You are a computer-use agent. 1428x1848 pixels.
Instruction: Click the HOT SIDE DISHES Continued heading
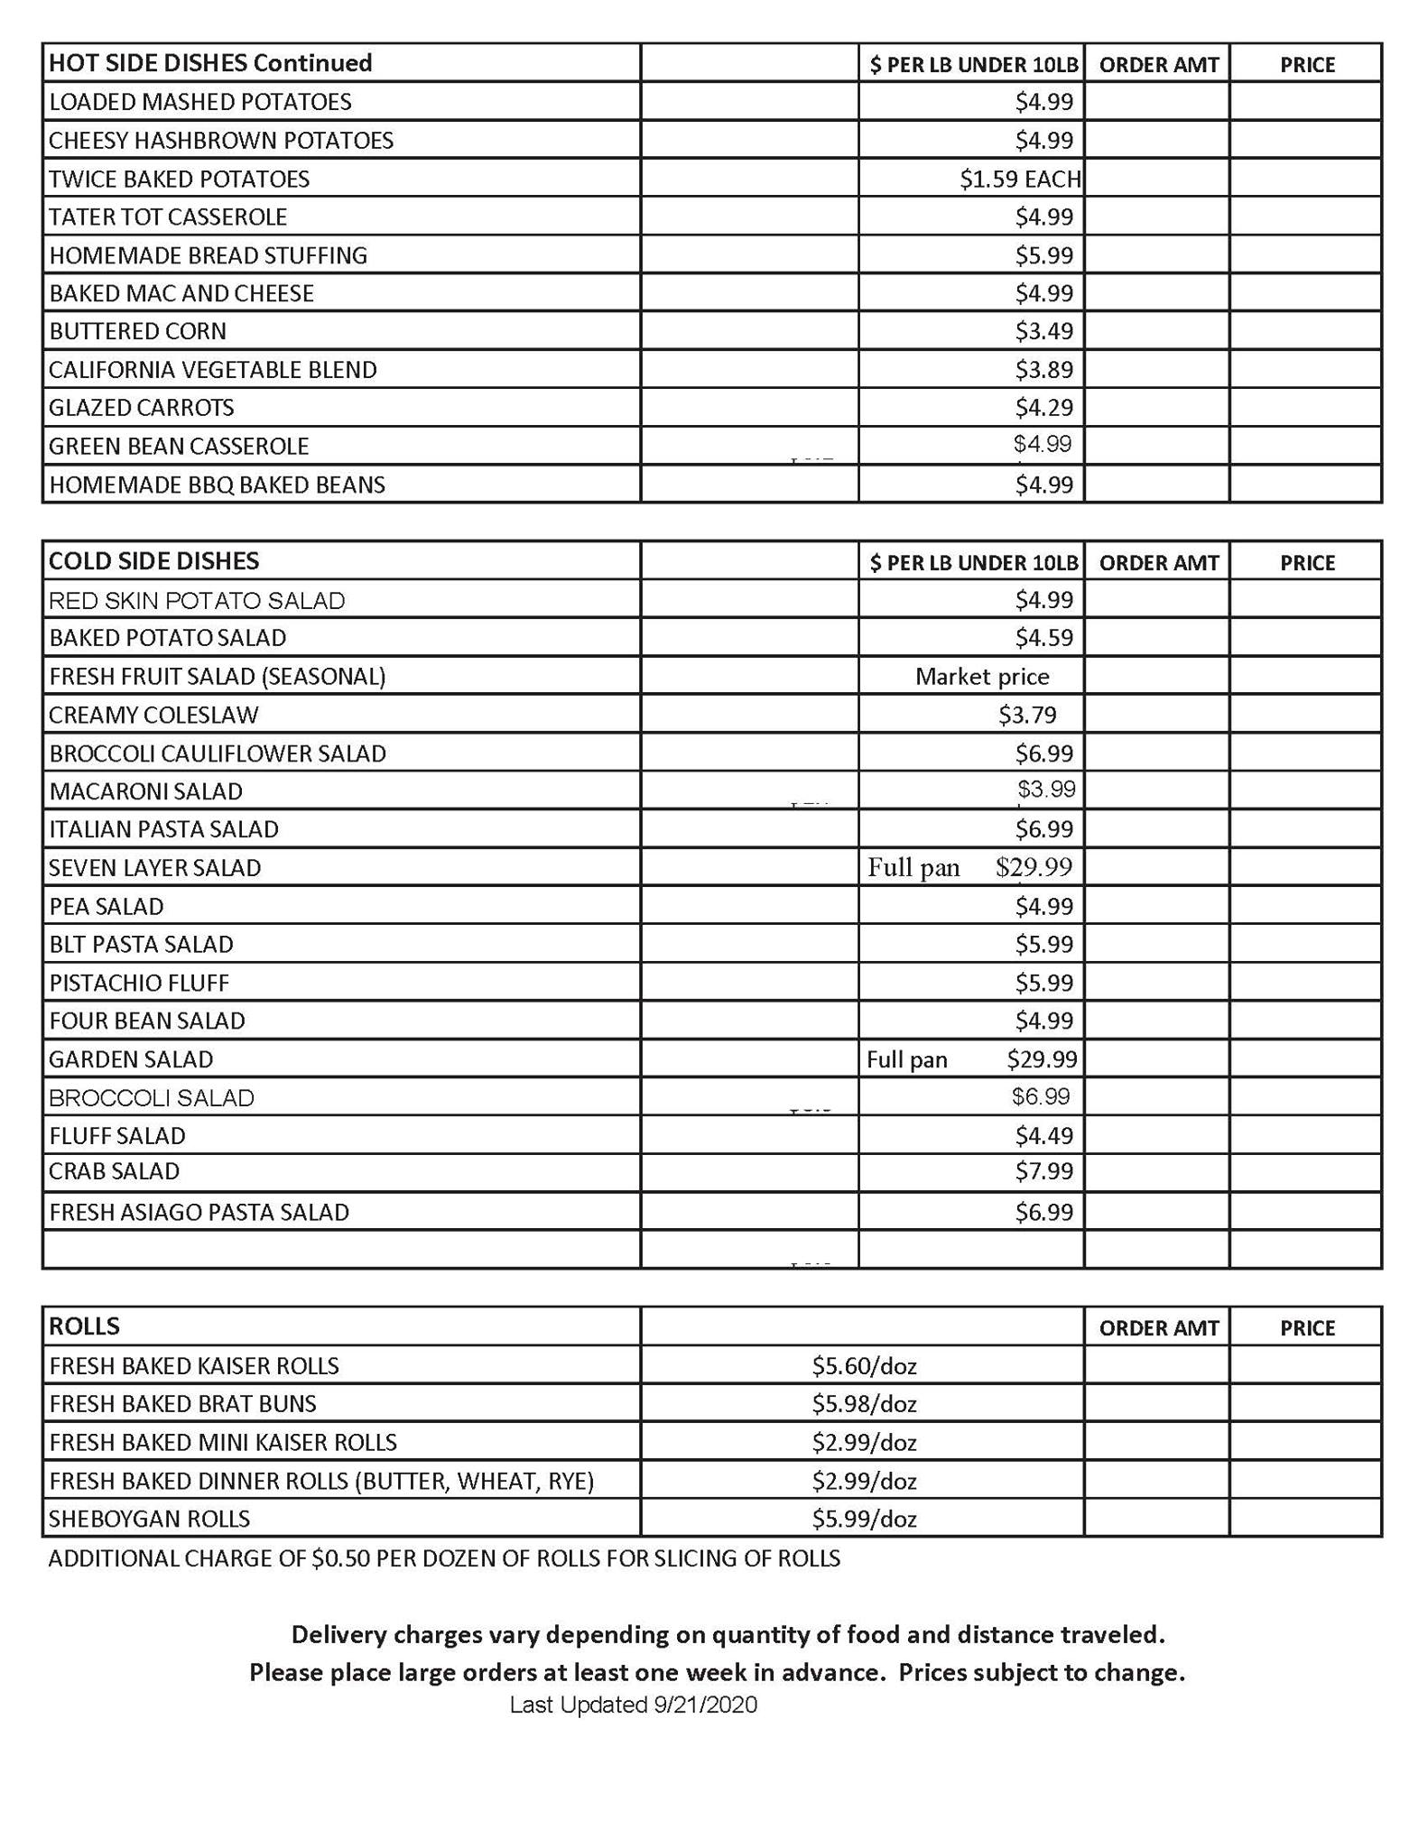tap(210, 63)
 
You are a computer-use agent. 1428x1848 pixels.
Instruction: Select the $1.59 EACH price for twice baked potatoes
tap(1019, 179)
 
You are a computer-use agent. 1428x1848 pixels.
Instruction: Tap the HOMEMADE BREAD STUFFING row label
tap(209, 255)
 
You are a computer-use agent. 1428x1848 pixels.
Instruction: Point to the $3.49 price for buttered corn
tap(1043, 331)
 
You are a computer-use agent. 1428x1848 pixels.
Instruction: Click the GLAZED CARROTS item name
tap(142, 408)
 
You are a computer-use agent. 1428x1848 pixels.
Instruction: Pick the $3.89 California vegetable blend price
tap(1043, 370)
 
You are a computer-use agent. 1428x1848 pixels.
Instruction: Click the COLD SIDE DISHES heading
tap(154, 561)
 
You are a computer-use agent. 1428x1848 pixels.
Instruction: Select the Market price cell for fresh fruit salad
tap(982, 677)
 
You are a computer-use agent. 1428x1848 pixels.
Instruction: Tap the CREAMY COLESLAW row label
tap(154, 716)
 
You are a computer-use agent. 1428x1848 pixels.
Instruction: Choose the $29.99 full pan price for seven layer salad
tap(1034, 867)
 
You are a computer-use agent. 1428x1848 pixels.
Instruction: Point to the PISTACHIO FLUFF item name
tap(139, 983)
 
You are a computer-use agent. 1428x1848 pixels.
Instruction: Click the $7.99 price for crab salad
tap(1043, 1171)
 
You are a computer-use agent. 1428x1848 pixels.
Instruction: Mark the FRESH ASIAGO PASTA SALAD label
tap(199, 1212)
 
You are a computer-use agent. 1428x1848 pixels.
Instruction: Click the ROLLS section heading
tap(84, 1326)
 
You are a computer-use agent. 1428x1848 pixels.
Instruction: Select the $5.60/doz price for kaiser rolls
tap(864, 1366)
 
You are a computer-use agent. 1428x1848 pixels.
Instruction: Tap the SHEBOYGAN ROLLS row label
tap(150, 1519)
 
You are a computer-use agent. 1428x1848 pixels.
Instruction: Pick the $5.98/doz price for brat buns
tap(864, 1404)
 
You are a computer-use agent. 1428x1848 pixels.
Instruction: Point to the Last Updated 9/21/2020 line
tap(633, 1705)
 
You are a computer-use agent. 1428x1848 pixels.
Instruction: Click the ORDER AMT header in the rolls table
tap(1158, 1328)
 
